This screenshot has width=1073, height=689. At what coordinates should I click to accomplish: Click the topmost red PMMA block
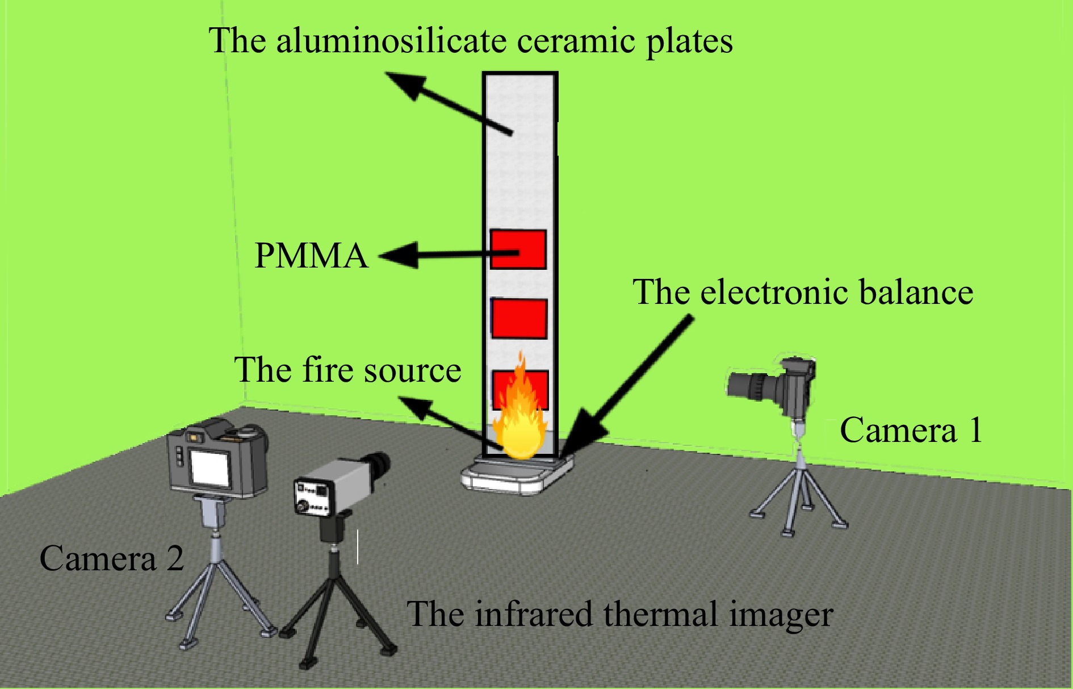[x=518, y=249]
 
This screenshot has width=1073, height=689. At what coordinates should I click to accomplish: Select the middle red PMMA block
[x=519, y=319]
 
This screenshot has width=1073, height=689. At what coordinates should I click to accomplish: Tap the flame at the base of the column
[x=518, y=415]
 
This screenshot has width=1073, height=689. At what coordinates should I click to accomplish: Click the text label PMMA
[x=311, y=256]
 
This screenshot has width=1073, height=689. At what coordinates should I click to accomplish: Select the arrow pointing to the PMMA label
[x=431, y=254]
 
